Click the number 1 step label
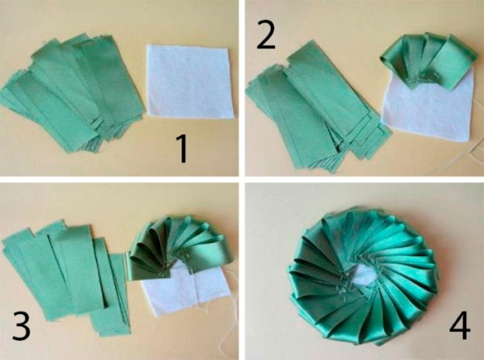[183, 149]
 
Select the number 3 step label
[21, 326]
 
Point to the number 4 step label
[460, 326]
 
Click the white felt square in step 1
[190, 82]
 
